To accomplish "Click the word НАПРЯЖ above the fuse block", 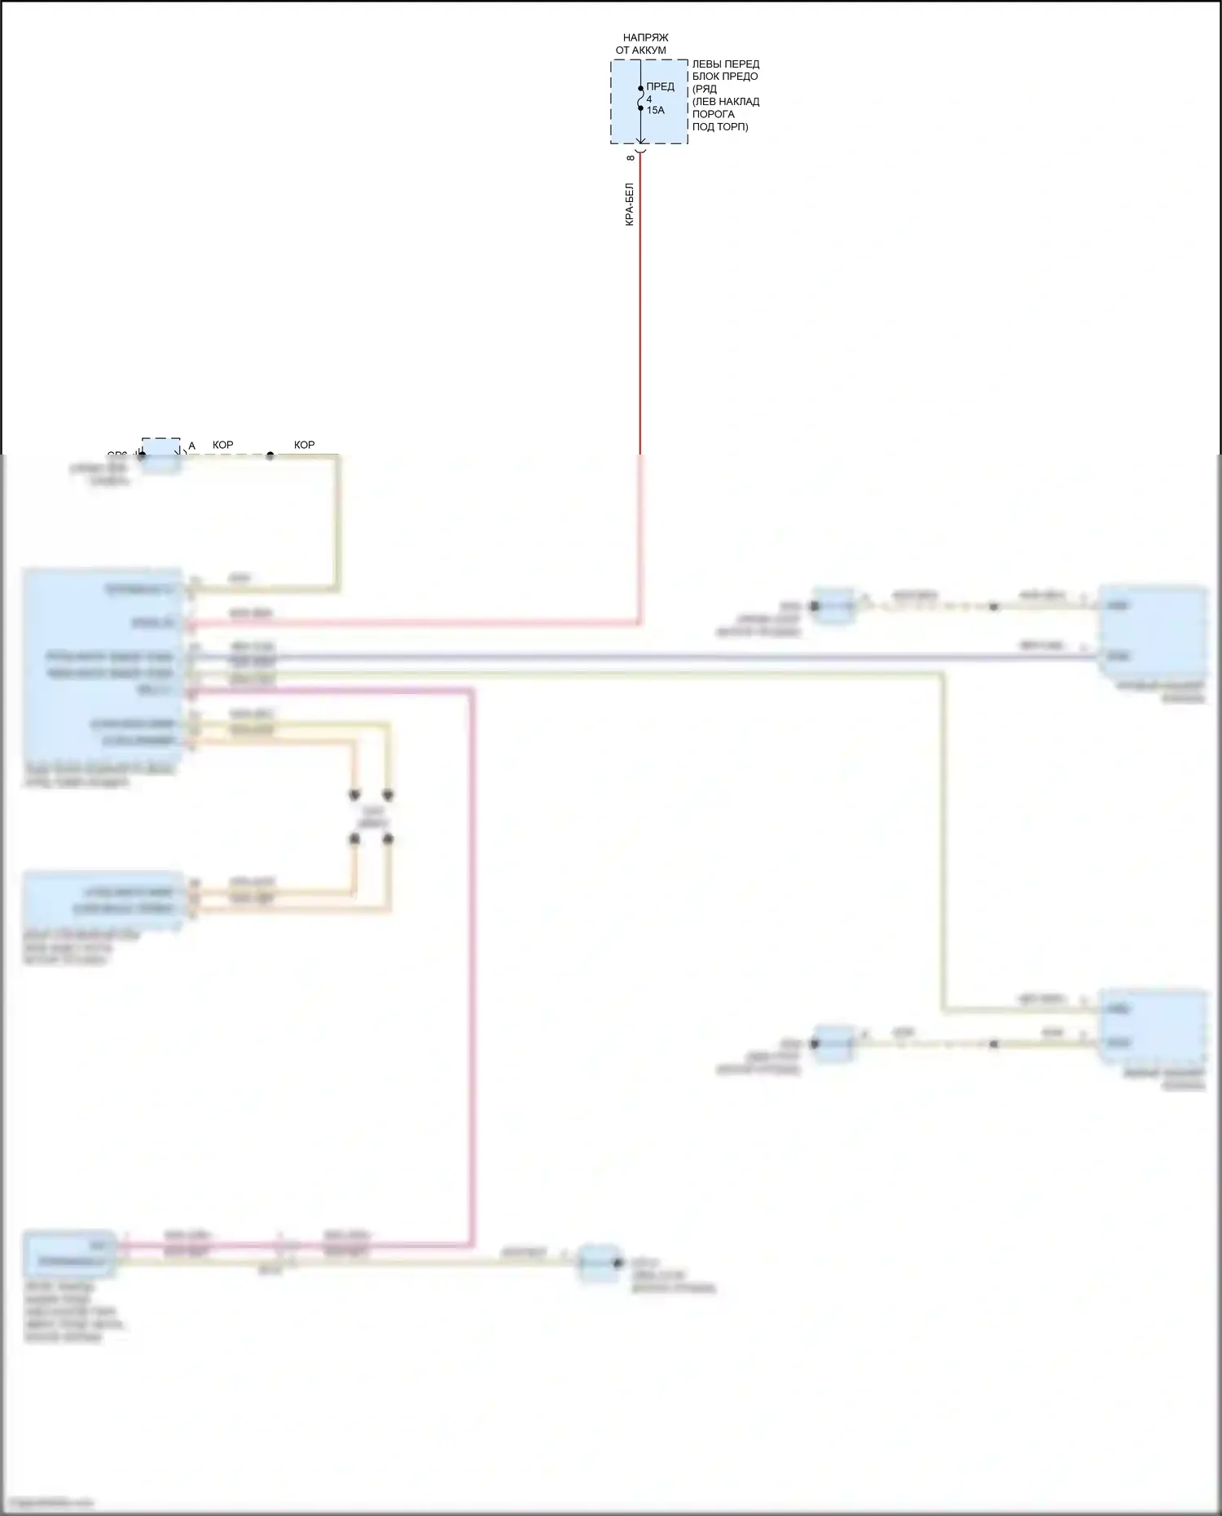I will tap(645, 38).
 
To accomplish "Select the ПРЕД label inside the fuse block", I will tap(660, 86).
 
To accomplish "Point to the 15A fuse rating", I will tap(655, 110).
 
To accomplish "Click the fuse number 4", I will tap(649, 99).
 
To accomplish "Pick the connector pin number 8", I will tap(631, 157).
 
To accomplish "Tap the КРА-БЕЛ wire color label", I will tap(629, 204).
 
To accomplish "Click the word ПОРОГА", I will tap(713, 114).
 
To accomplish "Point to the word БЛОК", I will tap(706, 77).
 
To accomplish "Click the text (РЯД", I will tap(704, 89).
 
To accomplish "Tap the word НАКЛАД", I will tap(739, 102).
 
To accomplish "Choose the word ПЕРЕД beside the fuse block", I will tap(741, 64).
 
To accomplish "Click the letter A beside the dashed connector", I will tap(191, 446).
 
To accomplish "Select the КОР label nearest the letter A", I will tap(222, 446).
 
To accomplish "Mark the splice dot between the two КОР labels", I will tap(270, 455).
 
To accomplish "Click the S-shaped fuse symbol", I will tap(640, 98).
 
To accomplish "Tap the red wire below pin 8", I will tap(640, 310).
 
